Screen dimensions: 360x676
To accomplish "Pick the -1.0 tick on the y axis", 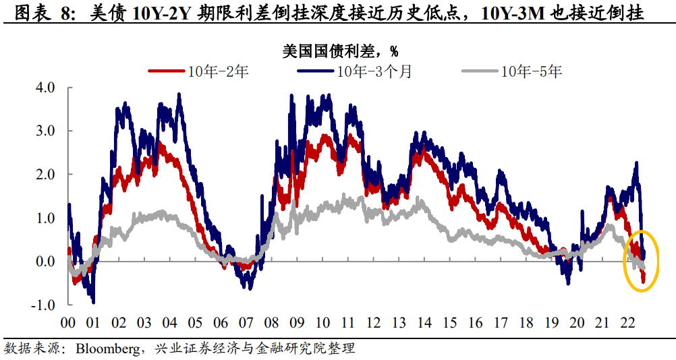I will (43, 305).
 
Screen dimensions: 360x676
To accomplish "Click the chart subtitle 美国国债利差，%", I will (338, 51).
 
